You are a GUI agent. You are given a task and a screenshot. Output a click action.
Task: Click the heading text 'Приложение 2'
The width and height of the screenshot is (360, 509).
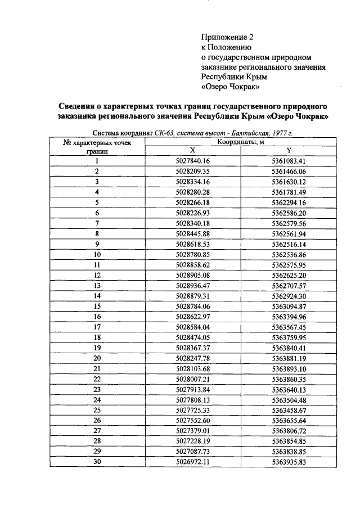[228, 37]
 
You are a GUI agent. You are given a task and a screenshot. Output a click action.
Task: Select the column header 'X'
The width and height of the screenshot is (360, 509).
[192, 150]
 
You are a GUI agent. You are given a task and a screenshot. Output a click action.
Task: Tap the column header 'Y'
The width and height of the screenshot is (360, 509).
[289, 150]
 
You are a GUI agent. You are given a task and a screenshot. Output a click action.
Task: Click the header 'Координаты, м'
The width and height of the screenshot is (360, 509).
[241, 142]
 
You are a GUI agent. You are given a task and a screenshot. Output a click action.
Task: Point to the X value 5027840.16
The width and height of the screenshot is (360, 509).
[192, 161]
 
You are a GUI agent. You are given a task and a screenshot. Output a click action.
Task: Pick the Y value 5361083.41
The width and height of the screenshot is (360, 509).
[289, 161]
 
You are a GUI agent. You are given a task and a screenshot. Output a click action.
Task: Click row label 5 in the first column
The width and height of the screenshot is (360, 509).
[97, 202]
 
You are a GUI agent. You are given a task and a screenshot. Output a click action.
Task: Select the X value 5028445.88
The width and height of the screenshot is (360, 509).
[192, 233]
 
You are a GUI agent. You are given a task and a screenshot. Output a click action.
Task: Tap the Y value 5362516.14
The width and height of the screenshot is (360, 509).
[289, 244]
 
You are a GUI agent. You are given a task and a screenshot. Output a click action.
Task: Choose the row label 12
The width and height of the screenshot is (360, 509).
[97, 275]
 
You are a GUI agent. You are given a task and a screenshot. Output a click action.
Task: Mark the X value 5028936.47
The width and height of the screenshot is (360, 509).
[192, 285]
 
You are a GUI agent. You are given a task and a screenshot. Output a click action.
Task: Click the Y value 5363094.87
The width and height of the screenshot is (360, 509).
[289, 306]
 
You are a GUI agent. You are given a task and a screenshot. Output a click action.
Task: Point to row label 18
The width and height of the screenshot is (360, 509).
[97, 337]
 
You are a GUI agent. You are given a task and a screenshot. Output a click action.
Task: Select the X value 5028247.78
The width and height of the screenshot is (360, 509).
[192, 358]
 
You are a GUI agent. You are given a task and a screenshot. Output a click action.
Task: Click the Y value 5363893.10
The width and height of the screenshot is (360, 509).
[289, 368]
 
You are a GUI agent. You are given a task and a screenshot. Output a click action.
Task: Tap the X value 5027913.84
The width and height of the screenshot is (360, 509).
[192, 389]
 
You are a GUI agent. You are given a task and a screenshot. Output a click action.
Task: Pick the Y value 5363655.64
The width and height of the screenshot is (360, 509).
[289, 420]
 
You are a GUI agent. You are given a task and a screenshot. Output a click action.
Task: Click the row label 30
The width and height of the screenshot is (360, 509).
[97, 462]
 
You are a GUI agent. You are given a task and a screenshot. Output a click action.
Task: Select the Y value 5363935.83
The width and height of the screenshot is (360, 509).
[289, 462]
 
